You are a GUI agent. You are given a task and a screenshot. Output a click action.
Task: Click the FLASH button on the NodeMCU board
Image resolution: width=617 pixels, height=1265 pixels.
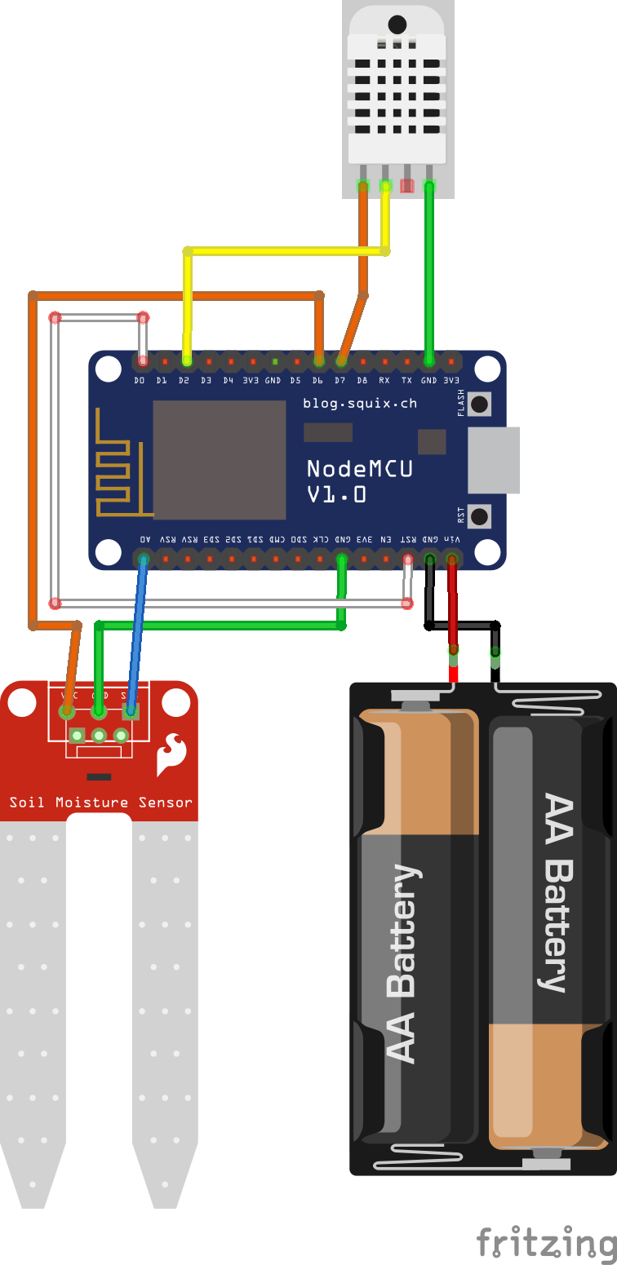(x=481, y=404)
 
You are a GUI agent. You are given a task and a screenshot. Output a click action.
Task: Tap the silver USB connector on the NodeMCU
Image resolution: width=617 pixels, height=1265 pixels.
(x=494, y=460)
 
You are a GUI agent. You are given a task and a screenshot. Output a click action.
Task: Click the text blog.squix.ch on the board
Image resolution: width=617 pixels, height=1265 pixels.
(x=360, y=403)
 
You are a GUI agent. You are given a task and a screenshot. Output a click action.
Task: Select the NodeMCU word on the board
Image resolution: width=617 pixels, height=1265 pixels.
(x=359, y=469)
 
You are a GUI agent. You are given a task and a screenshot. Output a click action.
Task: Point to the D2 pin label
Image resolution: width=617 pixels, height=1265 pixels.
(x=184, y=380)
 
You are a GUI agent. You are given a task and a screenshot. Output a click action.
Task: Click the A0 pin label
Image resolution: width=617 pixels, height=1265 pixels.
(x=144, y=540)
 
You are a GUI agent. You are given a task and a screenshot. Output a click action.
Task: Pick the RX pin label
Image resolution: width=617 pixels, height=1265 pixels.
(x=384, y=380)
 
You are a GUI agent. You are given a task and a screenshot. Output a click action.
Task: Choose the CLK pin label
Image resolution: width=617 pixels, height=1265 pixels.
(x=322, y=540)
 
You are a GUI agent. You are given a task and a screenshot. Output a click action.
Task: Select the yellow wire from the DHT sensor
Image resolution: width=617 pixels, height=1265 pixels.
(x=286, y=251)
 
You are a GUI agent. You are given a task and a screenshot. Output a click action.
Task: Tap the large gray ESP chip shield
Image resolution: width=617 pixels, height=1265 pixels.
(x=219, y=459)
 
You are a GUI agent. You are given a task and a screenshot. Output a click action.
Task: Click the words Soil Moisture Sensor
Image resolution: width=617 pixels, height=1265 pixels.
(x=100, y=803)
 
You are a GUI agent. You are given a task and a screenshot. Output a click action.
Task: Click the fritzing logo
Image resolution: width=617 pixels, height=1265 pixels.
(x=545, y=1243)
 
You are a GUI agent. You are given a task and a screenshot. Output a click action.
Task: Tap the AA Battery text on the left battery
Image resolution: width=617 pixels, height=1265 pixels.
(x=401, y=962)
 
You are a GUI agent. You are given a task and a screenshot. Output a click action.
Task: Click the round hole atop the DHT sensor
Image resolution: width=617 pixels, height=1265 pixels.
(x=397, y=24)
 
